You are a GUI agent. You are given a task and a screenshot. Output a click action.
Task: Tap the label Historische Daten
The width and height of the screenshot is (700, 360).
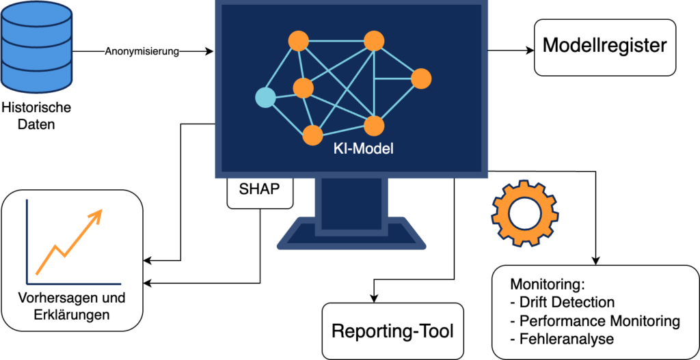[37, 115]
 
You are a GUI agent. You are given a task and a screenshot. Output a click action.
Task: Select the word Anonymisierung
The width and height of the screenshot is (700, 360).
[142, 51]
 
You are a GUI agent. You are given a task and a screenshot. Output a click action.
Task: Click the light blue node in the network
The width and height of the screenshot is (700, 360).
[265, 98]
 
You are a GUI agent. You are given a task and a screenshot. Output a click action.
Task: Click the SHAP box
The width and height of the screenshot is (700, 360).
[260, 189]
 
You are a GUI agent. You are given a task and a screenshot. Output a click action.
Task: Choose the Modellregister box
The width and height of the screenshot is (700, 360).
[604, 46]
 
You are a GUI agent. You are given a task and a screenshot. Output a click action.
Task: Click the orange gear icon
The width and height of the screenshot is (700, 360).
[525, 212]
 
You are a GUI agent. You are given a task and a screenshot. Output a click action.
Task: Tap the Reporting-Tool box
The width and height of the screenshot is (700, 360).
[392, 331]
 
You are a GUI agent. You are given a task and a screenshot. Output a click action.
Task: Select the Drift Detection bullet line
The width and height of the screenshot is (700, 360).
[563, 302]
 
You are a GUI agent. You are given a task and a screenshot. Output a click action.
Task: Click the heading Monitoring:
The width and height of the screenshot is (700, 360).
[549, 284]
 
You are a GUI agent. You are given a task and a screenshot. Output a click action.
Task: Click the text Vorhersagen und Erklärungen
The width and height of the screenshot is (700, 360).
[71, 307]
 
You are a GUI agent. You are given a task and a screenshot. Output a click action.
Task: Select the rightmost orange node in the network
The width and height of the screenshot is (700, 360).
[421, 79]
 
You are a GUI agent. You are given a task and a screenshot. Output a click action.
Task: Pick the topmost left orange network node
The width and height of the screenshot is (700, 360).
[297, 41]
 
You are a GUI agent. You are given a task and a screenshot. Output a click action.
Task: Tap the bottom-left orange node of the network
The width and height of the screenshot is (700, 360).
[312, 135]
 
